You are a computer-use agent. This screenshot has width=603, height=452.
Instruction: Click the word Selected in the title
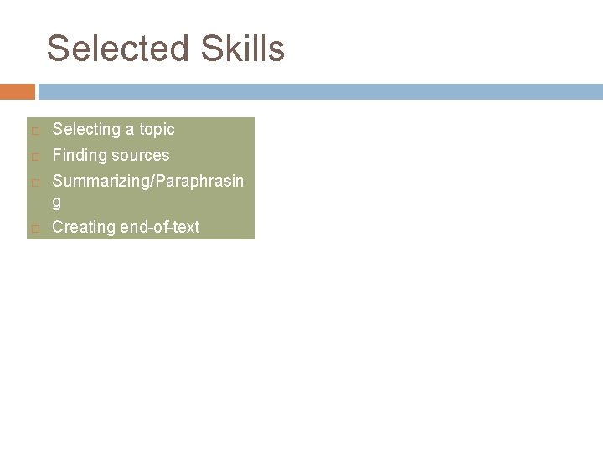(x=117, y=49)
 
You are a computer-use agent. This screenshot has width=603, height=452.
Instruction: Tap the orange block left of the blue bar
(x=17, y=90)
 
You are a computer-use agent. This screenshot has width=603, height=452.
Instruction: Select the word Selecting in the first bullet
(x=85, y=129)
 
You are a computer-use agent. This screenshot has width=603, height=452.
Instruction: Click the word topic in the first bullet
(x=156, y=129)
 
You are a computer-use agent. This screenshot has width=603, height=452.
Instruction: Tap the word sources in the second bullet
(x=139, y=155)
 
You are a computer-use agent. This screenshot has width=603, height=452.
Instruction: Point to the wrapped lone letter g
(x=57, y=202)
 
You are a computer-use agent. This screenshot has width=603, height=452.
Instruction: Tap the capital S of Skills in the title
(x=213, y=49)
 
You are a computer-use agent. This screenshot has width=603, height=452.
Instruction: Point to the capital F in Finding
(x=57, y=155)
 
